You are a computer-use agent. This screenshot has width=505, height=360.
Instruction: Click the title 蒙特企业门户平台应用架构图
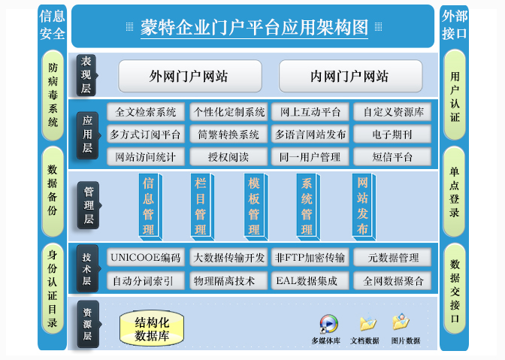[x=255, y=28]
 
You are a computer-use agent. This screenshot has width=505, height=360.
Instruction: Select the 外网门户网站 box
[x=190, y=76]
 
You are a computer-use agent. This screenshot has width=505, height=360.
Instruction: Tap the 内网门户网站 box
[x=349, y=76]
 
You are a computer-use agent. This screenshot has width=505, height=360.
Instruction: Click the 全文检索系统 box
[x=146, y=113]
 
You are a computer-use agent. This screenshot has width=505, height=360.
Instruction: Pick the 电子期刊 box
[x=392, y=135]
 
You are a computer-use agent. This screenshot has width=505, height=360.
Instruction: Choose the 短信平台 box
[x=392, y=156]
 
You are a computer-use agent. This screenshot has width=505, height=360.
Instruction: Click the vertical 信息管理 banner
[x=149, y=204]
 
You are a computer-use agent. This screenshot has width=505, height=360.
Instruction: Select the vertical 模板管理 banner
[x=254, y=204]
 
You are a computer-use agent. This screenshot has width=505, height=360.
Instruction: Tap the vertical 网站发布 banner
[x=362, y=204]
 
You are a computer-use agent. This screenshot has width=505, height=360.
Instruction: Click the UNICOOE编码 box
[x=146, y=258]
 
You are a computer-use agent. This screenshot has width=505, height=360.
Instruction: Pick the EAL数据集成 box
[x=310, y=280]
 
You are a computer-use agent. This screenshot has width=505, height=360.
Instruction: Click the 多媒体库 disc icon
[x=328, y=323]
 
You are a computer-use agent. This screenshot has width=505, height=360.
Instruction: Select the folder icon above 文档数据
[x=367, y=323]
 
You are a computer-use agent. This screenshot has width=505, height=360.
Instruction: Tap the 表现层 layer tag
[x=88, y=75]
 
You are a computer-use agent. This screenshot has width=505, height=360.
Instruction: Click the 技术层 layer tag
[x=88, y=269]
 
